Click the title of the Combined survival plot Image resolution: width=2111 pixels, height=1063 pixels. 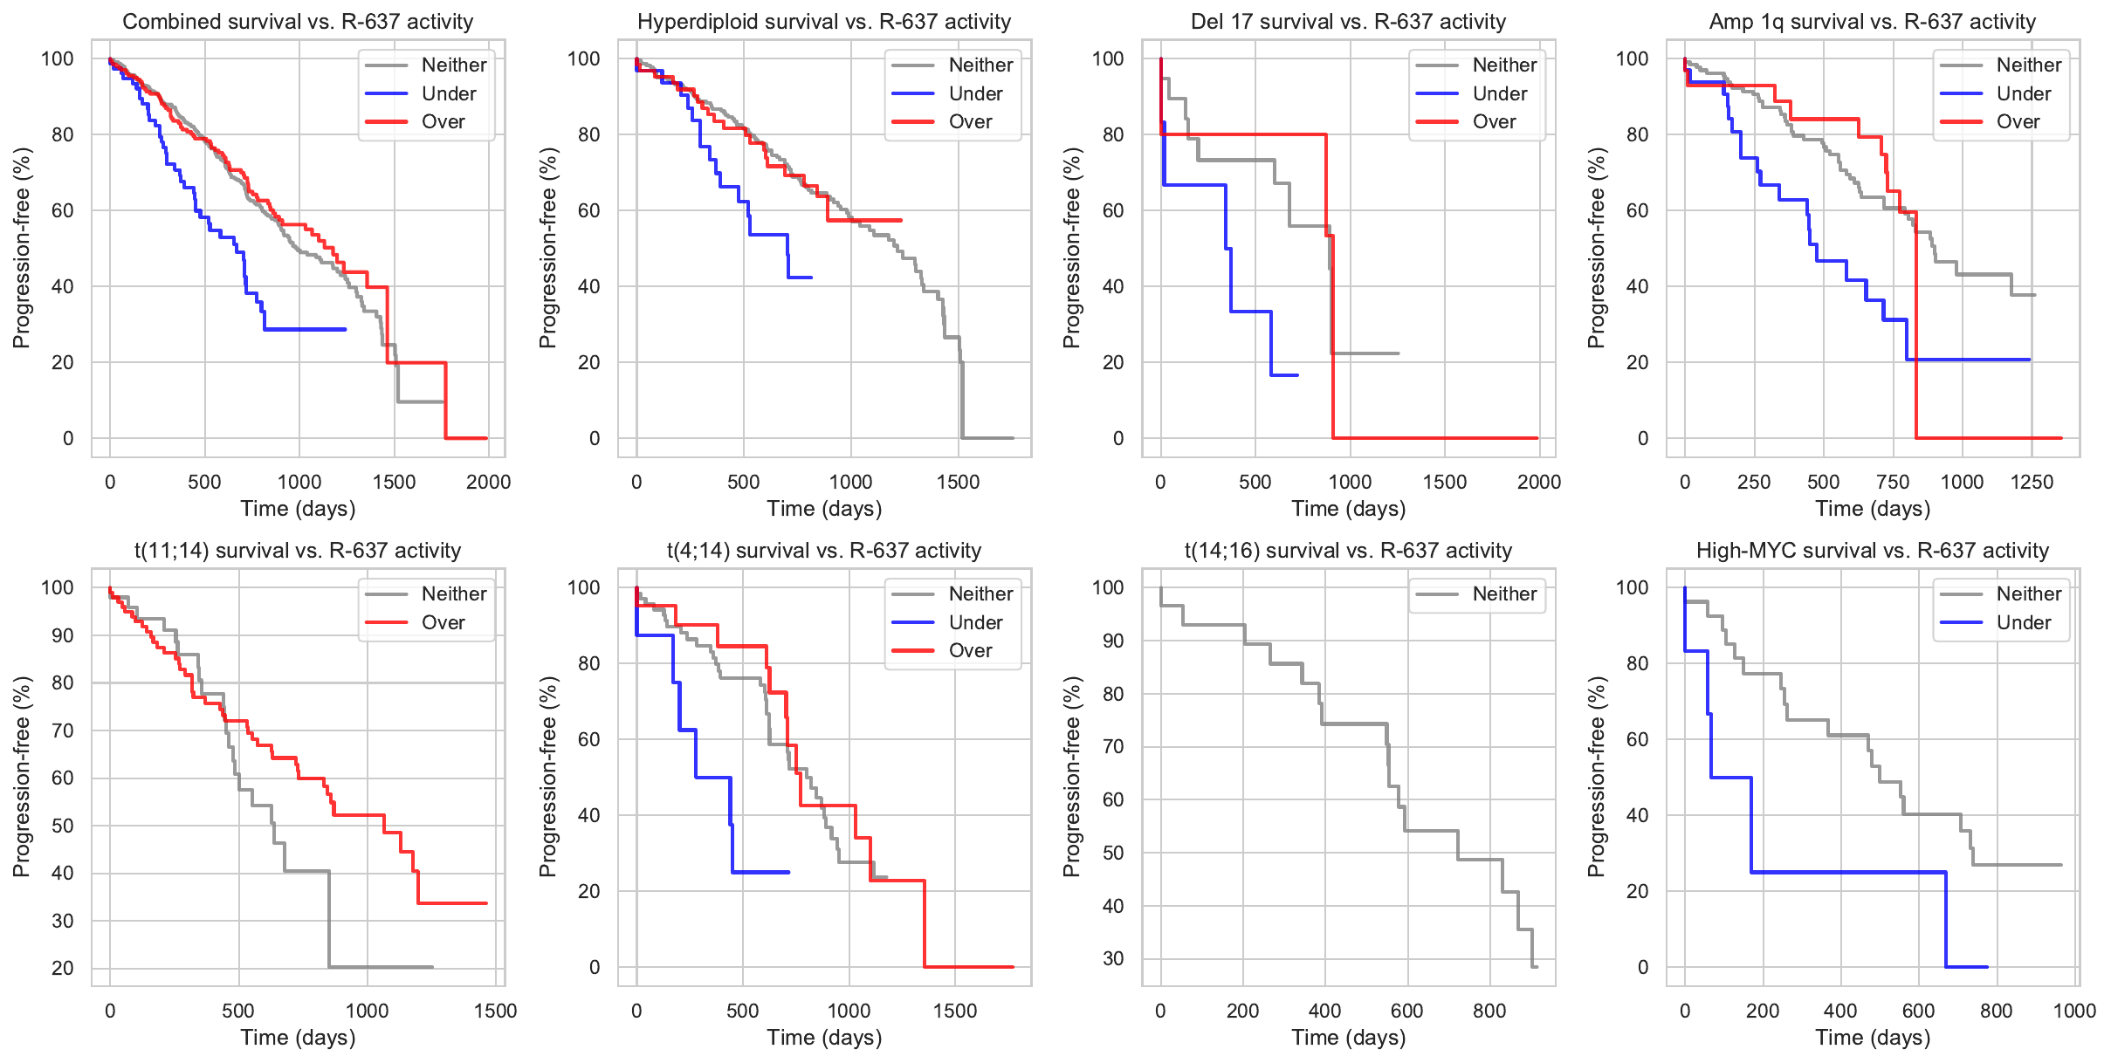(x=298, y=22)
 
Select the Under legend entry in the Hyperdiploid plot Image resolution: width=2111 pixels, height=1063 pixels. (x=974, y=93)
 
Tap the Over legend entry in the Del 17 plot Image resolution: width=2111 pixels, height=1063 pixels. (x=1494, y=122)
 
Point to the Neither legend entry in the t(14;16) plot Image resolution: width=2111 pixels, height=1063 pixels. (x=1503, y=594)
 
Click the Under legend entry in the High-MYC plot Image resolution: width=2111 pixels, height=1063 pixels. (x=2023, y=623)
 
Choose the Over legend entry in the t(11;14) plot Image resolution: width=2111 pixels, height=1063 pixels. (x=443, y=623)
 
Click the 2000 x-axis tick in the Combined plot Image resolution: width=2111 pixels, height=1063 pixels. (x=488, y=483)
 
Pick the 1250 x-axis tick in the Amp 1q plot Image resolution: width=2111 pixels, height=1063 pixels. (x=2032, y=483)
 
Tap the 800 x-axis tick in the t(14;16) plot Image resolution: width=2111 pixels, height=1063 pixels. (x=1489, y=1012)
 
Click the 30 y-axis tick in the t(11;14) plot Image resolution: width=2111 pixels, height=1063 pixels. (x=63, y=921)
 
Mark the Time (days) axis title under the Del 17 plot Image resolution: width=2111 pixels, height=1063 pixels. (x=1348, y=509)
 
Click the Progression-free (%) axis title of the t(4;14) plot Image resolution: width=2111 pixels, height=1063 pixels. (x=547, y=777)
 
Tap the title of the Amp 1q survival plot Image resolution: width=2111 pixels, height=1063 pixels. (x=1872, y=22)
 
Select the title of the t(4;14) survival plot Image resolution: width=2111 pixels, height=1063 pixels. (x=823, y=551)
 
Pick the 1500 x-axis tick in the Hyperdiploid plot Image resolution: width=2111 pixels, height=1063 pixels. (x=958, y=483)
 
